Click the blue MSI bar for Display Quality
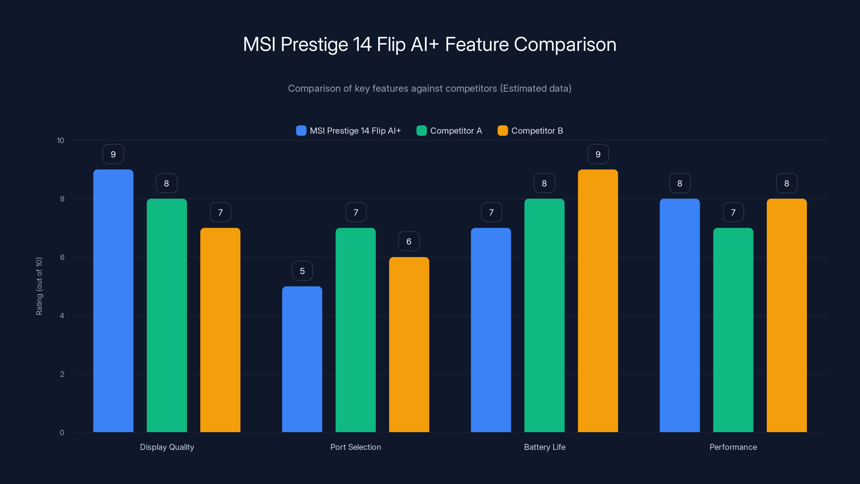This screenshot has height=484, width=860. [113, 301]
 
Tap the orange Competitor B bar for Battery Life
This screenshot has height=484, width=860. [598, 301]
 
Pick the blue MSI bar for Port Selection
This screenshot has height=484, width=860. [302, 359]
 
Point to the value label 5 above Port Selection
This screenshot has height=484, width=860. [302, 271]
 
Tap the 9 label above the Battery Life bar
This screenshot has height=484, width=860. [598, 154]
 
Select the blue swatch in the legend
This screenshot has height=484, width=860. [301, 131]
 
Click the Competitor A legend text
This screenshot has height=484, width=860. [456, 131]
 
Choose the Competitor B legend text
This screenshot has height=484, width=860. [537, 131]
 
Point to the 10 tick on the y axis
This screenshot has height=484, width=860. [60, 141]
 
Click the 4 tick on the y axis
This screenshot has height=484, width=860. [62, 316]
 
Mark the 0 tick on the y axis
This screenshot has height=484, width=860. [62, 433]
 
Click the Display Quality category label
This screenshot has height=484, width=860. [167, 447]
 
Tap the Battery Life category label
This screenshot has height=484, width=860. [544, 447]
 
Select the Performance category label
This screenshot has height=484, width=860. [733, 447]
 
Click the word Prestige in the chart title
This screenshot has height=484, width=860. [314, 44]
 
